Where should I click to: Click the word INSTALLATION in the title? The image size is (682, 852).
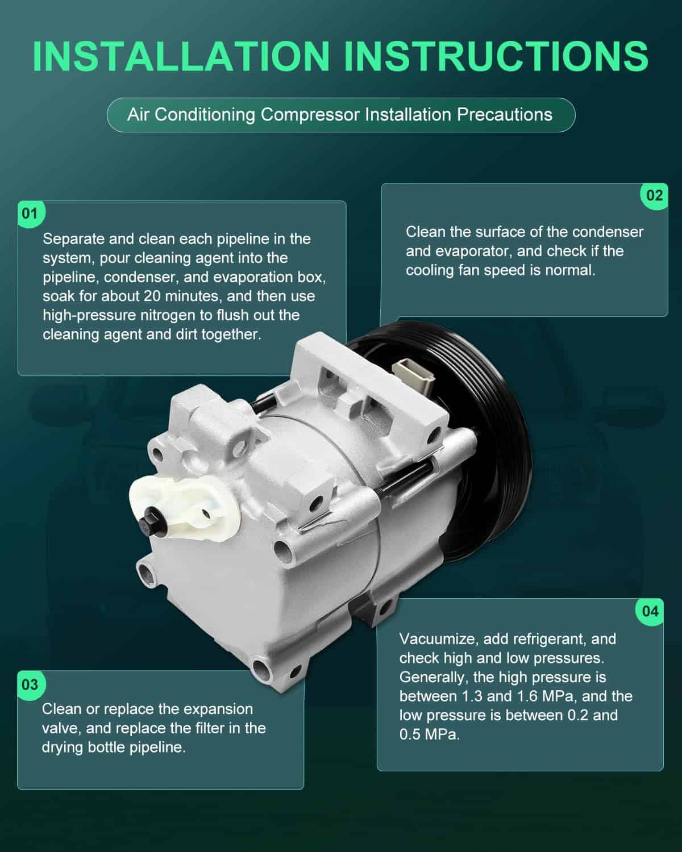click(181, 56)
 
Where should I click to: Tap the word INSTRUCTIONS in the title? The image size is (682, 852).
click(496, 56)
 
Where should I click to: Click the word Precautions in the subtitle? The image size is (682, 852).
click(505, 114)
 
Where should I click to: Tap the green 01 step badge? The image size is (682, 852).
click(31, 214)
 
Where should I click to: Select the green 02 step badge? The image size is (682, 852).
click(654, 195)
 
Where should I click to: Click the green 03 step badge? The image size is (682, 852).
click(31, 684)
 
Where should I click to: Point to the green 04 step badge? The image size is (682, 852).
click(650, 611)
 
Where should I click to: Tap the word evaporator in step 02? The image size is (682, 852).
click(456, 252)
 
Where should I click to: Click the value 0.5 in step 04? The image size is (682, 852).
click(410, 735)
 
